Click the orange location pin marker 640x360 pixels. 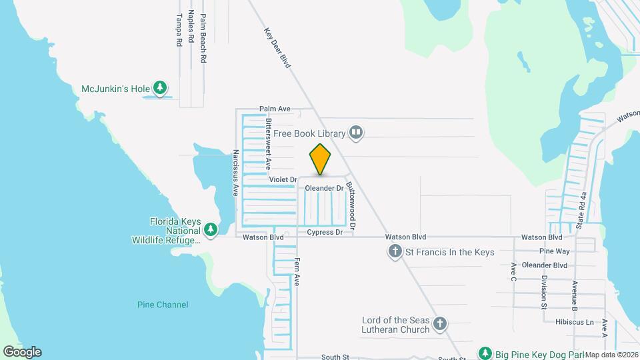point(320,159)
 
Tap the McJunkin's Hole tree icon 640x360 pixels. point(160,87)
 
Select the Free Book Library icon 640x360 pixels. point(357,133)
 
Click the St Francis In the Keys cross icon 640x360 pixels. point(395,252)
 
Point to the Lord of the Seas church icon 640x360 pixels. point(439,324)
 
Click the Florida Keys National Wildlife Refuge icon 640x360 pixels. point(211,230)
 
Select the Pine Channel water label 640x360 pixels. point(163,305)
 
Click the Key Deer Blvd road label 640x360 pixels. point(278,47)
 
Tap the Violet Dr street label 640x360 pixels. point(283,180)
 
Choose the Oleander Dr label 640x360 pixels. point(324,189)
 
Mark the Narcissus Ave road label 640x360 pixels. point(235,173)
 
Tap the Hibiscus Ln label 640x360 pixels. point(574,322)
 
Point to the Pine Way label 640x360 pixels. point(555,251)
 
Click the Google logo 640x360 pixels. point(22,351)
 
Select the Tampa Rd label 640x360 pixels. point(179,30)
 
